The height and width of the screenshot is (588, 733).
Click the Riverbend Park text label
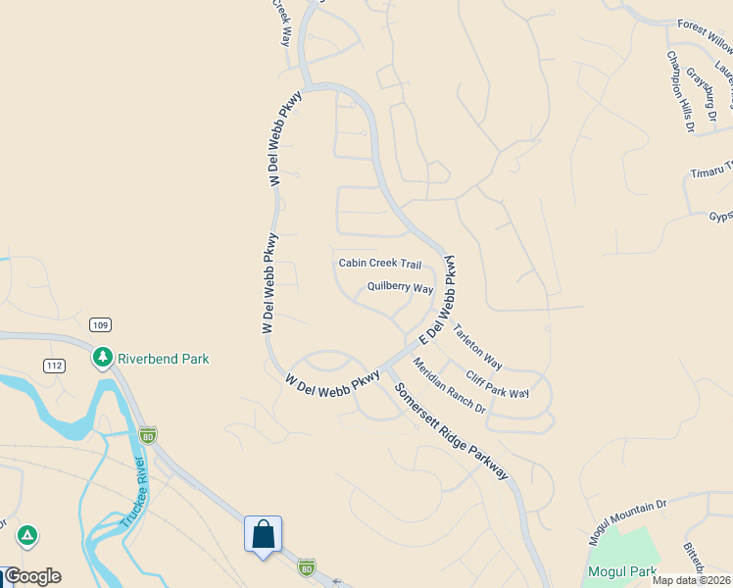(164, 359)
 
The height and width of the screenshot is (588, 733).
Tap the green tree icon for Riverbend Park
(102, 358)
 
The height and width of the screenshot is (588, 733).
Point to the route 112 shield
(55, 366)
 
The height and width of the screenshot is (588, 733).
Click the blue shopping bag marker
(263, 535)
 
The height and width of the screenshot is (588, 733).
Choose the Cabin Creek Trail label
(380, 264)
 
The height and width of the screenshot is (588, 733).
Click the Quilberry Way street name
(400, 288)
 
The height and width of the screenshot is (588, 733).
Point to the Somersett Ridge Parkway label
(452, 430)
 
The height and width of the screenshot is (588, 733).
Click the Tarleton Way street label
(477, 348)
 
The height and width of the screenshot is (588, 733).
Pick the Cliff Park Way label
(497, 385)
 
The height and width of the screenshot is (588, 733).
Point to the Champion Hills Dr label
(680, 92)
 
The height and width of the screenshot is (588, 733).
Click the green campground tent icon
(27, 535)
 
